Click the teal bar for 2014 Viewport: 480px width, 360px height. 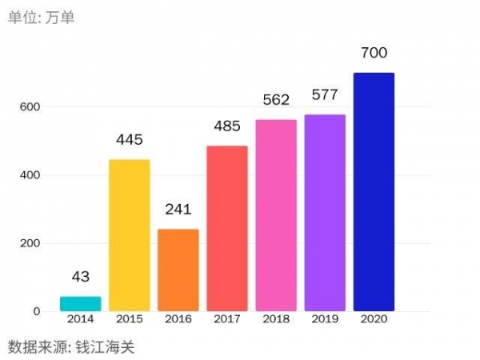[80, 304]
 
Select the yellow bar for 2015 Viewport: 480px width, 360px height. [129, 235]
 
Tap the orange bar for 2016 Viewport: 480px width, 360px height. [178, 270]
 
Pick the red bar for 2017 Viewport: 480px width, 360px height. [227, 229]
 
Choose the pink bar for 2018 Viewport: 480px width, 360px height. [276, 216]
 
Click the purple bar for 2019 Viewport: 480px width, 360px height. [325, 213]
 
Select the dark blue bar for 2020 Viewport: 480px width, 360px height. [374, 192]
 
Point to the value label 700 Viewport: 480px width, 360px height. [374, 54]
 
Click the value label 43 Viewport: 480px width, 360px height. [80, 277]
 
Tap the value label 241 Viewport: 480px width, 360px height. [178, 210]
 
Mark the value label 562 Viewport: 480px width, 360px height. [276, 100]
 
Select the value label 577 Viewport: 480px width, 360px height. [325, 95]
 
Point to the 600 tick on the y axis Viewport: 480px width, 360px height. [30, 107]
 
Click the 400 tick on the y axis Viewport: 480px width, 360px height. [30, 175]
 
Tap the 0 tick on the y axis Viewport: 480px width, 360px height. [36, 311]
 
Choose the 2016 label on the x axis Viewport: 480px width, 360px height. [178, 320]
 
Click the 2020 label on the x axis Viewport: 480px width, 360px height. [374, 320]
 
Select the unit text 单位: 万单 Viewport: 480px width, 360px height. [42, 17]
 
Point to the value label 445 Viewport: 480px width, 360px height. [129, 140]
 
